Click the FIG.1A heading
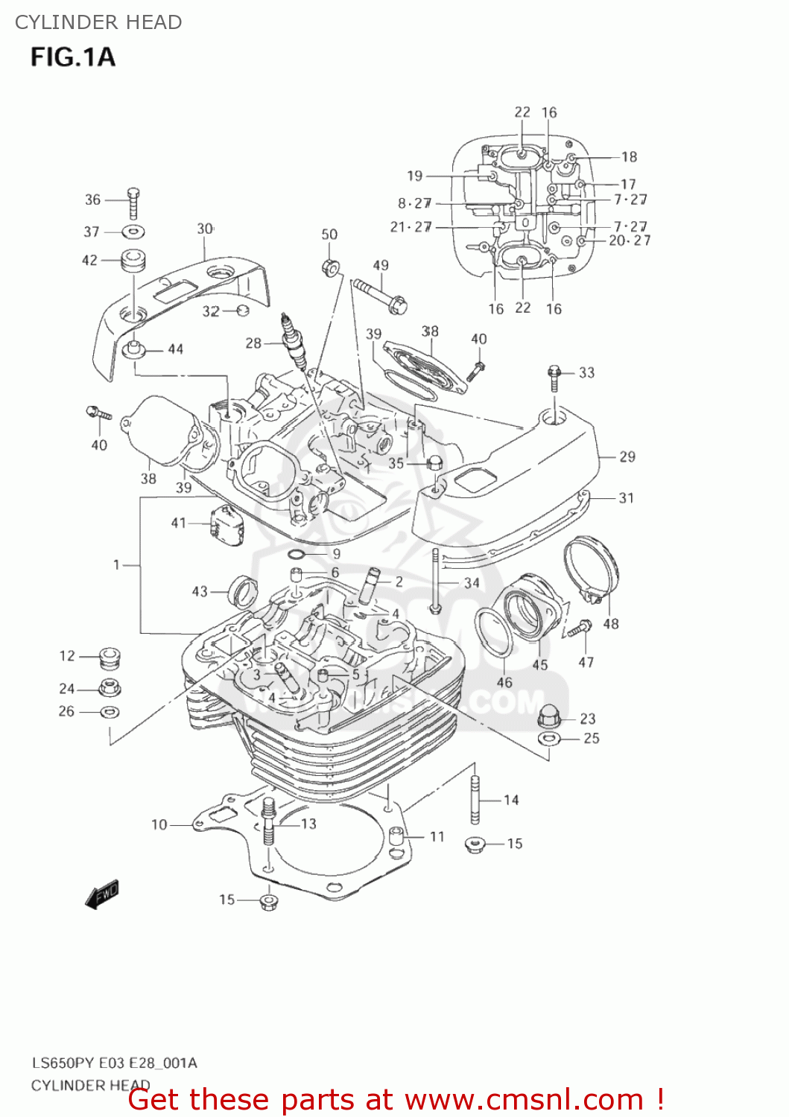[x=72, y=57]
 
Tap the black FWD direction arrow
[x=102, y=894]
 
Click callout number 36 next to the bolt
[x=92, y=200]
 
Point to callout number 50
[x=329, y=235]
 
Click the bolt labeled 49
[x=380, y=295]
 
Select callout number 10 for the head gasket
[x=159, y=824]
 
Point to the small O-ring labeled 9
[x=296, y=554]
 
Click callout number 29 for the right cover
[x=627, y=457]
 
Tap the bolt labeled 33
[x=554, y=378]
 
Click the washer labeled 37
[x=134, y=232]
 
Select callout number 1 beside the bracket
[x=116, y=565]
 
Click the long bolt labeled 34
[x=436, y=581]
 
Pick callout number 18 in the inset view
[x=630, y=157]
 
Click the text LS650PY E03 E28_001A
[x=114, y=1063]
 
